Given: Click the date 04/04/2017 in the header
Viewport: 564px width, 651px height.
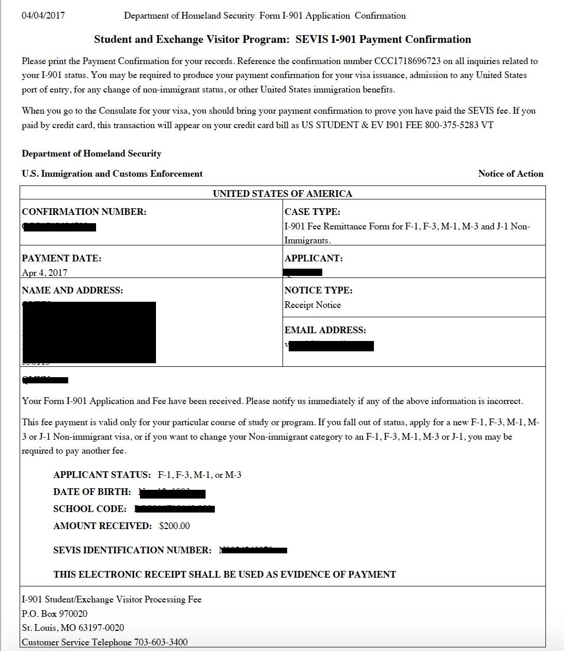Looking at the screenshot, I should (43, 16).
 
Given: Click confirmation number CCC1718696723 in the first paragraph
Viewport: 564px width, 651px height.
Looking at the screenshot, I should (408, 61).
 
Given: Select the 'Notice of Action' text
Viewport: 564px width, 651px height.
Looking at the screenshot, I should (510, 174).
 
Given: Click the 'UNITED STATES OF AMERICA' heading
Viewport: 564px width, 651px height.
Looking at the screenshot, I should (283, 194).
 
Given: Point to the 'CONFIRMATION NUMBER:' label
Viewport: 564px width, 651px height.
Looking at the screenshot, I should (84, 212).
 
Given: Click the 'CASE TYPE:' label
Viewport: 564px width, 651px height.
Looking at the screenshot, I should (312, 212).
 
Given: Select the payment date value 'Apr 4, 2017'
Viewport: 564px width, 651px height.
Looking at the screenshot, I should (44, 273).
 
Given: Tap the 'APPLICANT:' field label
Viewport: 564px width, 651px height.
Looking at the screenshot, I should (314, 258).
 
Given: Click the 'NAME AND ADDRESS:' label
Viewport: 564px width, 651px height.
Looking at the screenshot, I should (72, 290).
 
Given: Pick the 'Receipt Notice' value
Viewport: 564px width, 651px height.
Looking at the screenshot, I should (312, 305).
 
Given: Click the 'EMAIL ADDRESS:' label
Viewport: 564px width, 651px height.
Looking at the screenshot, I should (325, 330).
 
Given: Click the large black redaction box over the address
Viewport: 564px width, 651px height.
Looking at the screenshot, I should (89, 332).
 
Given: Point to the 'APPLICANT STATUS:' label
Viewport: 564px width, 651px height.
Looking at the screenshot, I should (102, 475).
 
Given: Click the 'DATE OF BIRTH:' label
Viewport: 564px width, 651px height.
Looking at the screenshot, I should (92, 492).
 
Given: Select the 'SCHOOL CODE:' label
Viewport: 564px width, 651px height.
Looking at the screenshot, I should (90, 509).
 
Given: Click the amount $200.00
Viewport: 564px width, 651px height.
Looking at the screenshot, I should (175, 526).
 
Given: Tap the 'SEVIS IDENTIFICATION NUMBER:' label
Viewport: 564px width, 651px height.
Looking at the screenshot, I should (132, 550).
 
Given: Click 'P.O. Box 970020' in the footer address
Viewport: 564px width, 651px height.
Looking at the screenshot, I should (55, 614).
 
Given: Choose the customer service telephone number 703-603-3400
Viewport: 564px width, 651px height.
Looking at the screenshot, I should (161, 642).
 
